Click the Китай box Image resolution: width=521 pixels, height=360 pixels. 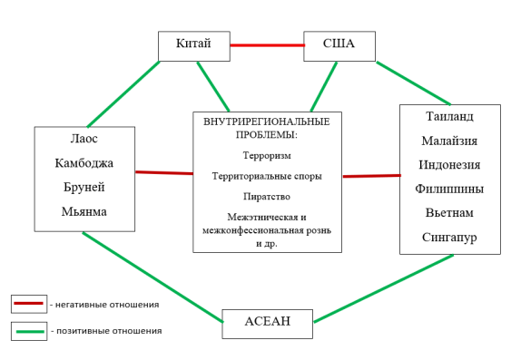click(193, 45)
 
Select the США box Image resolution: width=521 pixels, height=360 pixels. click(339, 45)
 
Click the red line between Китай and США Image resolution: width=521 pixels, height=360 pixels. click(266, 44)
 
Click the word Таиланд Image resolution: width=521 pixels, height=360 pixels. click(449, 116)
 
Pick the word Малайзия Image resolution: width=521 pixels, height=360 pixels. click(449, 141)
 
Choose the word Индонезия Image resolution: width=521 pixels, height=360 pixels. click(449, 164)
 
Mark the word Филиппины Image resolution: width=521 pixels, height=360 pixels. click(449, 189)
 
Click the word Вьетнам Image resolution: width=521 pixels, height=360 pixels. click(449, 213)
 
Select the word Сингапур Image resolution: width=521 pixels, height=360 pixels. click(449, 238)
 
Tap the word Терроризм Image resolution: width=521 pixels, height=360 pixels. click(267, 155)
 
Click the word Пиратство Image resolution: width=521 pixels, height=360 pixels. click(267, 196)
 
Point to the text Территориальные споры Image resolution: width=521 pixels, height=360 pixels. click(267, 176)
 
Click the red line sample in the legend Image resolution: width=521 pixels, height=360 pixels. click(29, 304)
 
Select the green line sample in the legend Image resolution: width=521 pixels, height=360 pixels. click(29, 331)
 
